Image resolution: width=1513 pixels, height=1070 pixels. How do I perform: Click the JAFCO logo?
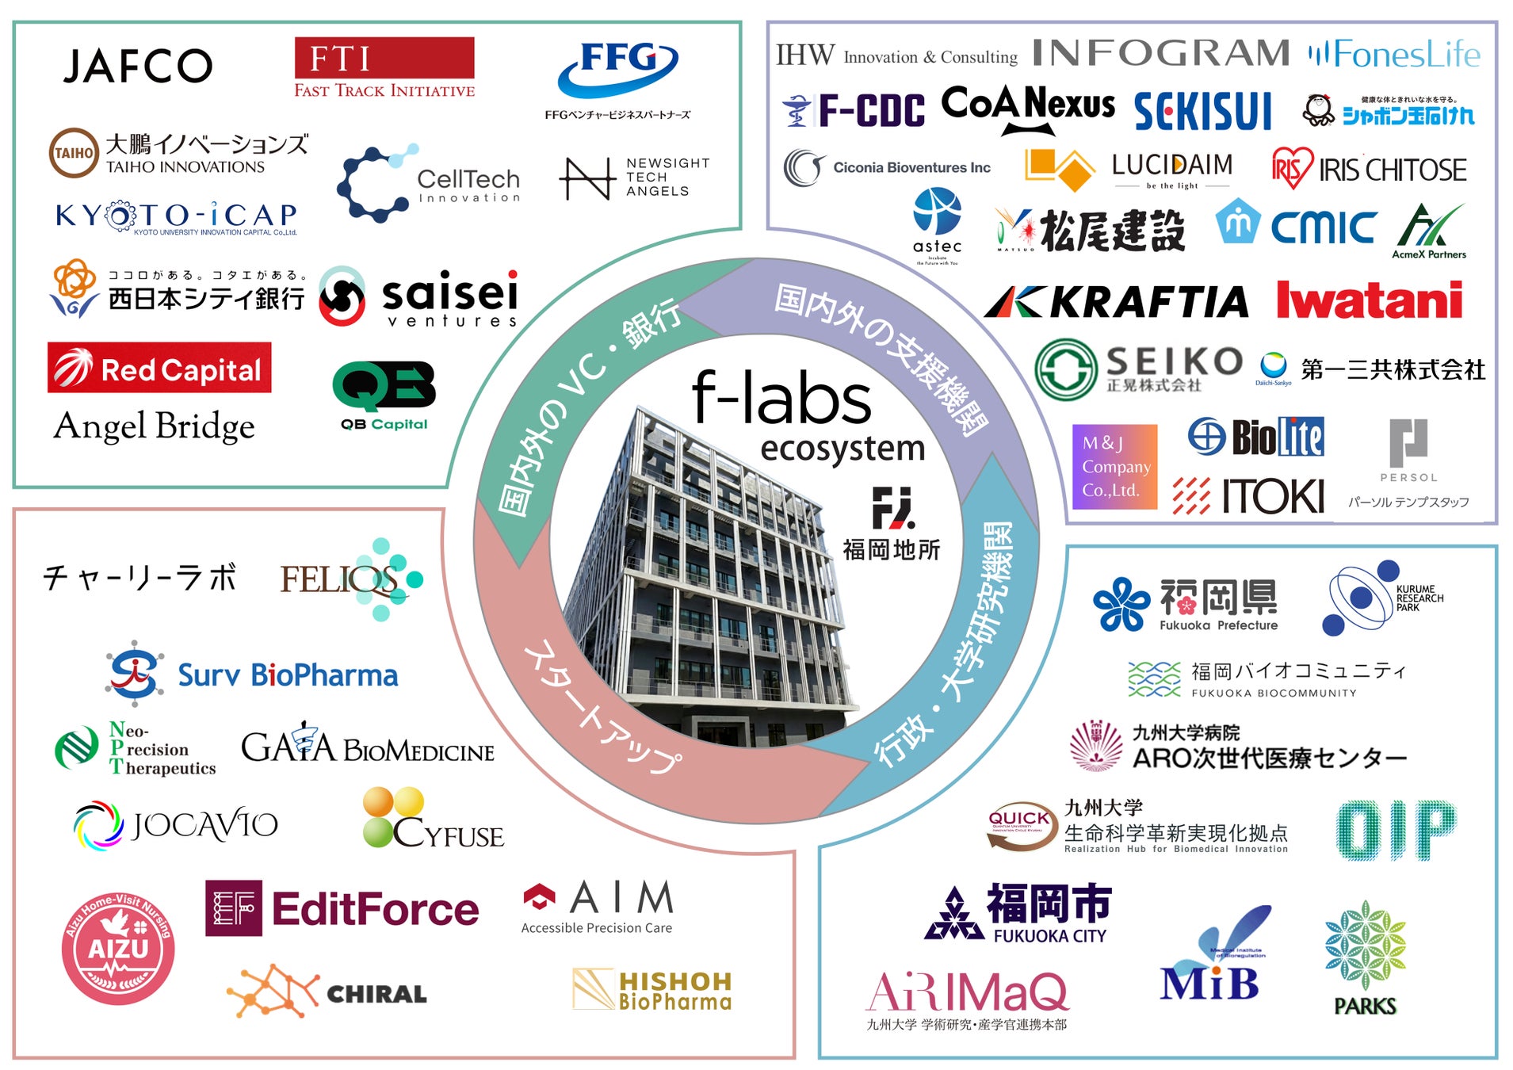138,66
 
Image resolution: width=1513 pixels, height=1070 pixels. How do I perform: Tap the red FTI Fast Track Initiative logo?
384,68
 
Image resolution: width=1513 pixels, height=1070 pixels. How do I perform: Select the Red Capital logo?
159,369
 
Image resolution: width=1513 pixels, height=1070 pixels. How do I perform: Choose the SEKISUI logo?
1202,111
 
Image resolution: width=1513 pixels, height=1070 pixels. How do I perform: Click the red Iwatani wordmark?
1369,300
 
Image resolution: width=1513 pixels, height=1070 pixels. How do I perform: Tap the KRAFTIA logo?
1117,302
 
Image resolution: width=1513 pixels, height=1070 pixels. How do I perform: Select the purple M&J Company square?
1114,466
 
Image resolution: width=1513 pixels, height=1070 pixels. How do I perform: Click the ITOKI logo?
1248,496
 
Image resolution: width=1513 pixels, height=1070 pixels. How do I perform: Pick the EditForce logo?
342,909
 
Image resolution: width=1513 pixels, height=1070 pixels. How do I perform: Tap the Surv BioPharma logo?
253,674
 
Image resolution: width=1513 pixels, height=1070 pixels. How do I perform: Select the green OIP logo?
1396,830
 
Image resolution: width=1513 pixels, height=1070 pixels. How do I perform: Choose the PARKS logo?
1365,957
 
